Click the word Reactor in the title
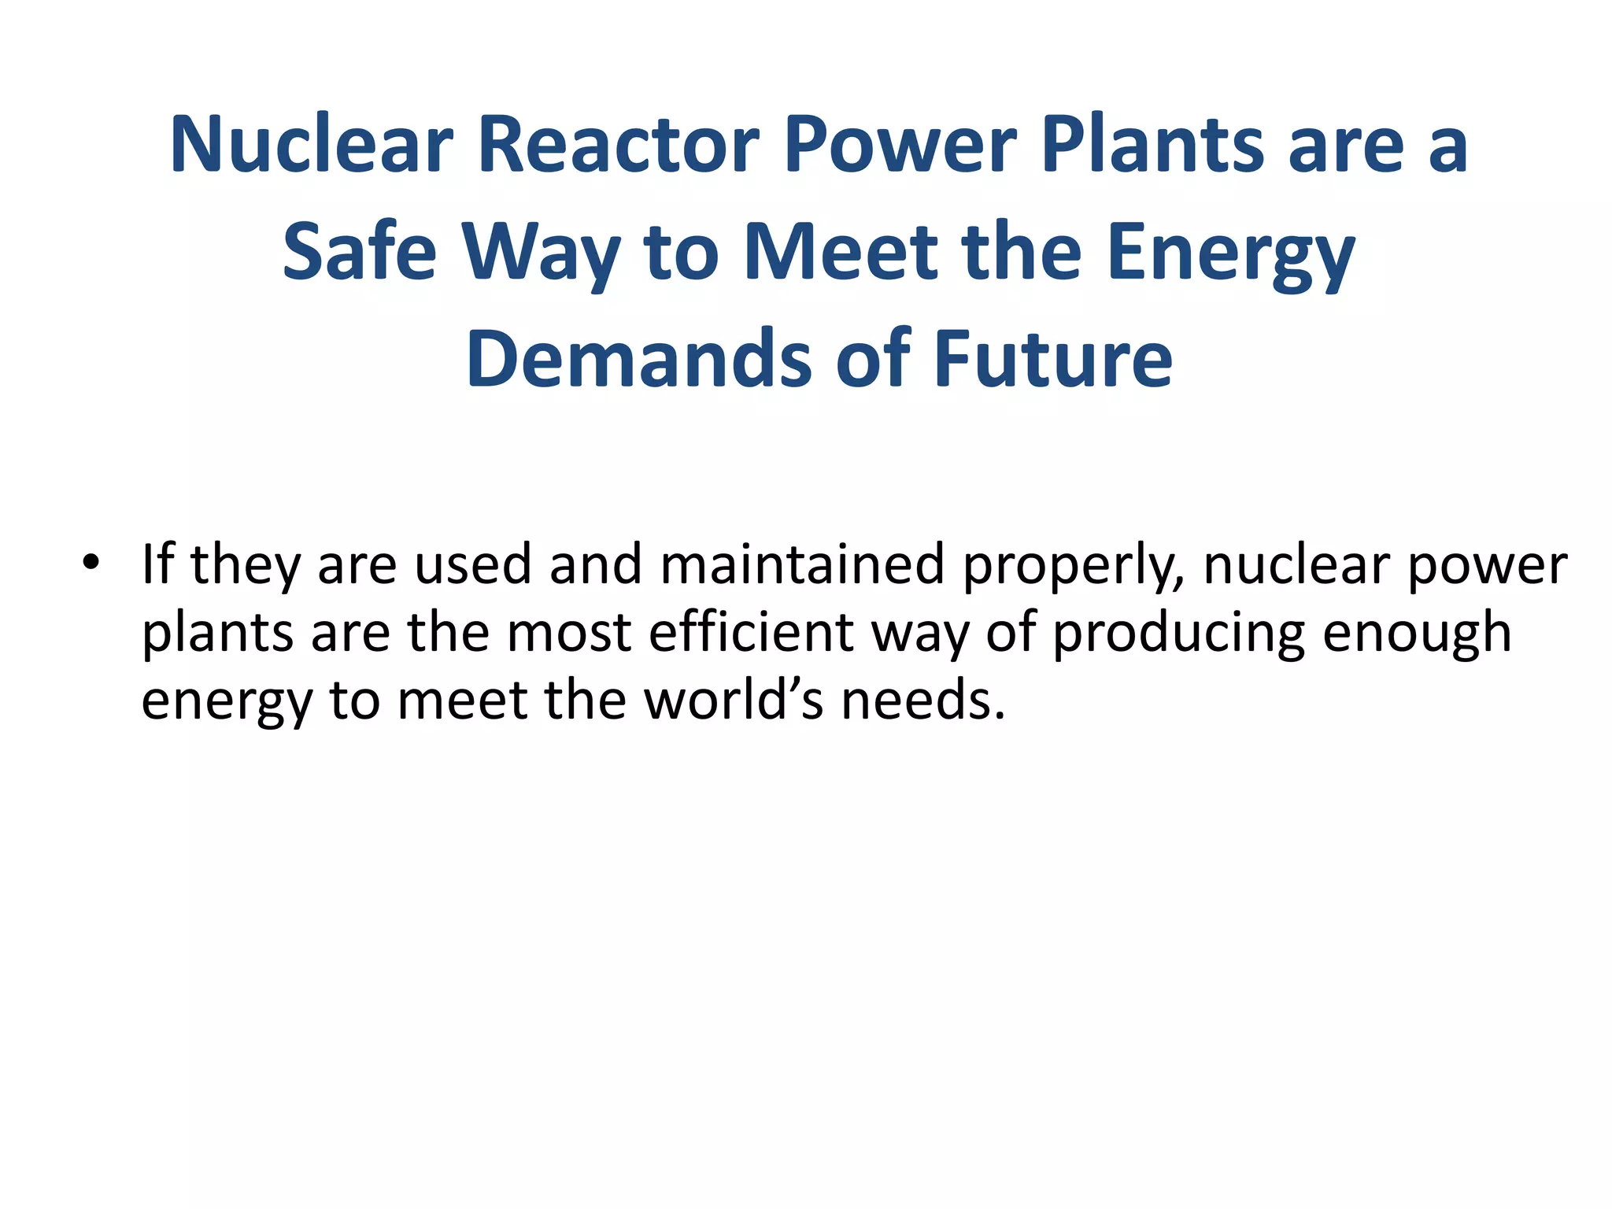[x=618, y=145]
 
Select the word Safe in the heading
[x=359, y=252]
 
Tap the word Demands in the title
[x=638, y=360]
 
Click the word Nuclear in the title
[x=311, y=145]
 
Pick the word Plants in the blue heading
[x=1152, y=145]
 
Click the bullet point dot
[x=91, y=564]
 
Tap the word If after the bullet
[x=157, y=564]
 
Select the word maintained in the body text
[x=802, y=564]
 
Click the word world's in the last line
[x=734, y=700]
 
